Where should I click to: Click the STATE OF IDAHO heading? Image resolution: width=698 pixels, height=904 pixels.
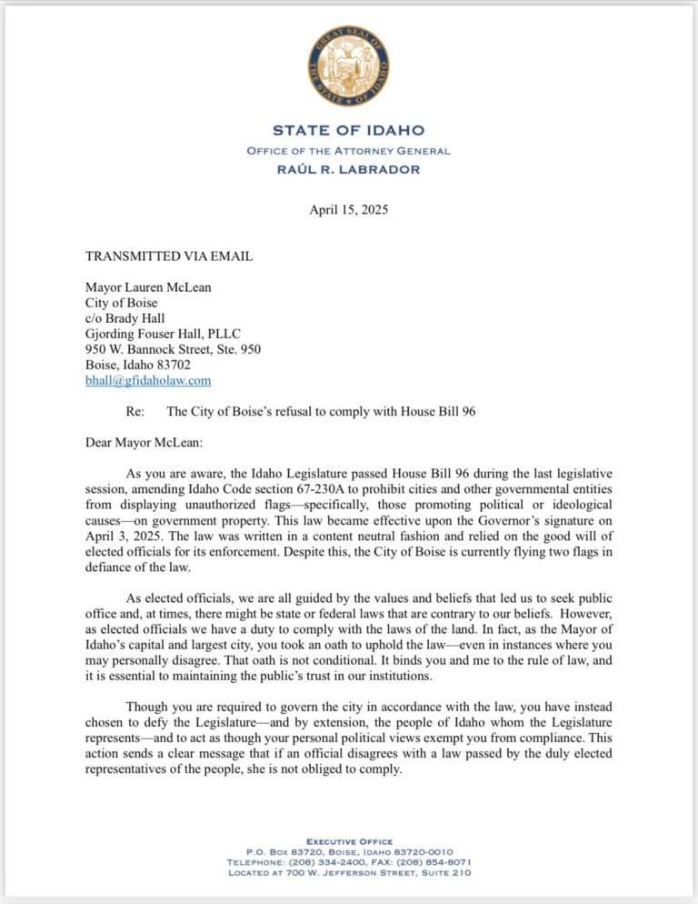click(349, 131)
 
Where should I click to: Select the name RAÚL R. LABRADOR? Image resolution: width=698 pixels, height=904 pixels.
click(349, 169)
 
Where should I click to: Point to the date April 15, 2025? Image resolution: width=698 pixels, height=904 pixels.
click(349, 209)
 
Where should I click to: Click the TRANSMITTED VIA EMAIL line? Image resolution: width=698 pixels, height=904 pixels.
click(168, 256)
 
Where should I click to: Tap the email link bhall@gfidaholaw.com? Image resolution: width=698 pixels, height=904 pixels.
click(148, 380)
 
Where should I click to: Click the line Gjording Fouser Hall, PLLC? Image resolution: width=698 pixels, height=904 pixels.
click(163, 334)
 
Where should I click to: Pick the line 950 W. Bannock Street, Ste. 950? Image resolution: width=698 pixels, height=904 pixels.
click(174, 349)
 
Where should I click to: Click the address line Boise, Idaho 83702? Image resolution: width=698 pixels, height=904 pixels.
click(138, 365)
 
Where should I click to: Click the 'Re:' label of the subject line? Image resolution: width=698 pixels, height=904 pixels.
click(135, 411)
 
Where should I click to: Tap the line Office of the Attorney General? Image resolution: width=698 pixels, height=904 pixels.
click(349, 150)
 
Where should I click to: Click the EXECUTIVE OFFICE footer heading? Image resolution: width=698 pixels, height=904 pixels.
click(349, 841)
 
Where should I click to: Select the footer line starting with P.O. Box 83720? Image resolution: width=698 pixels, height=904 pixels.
click(349, 851)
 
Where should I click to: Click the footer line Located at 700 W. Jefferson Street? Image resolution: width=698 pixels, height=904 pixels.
click(349, 873)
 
